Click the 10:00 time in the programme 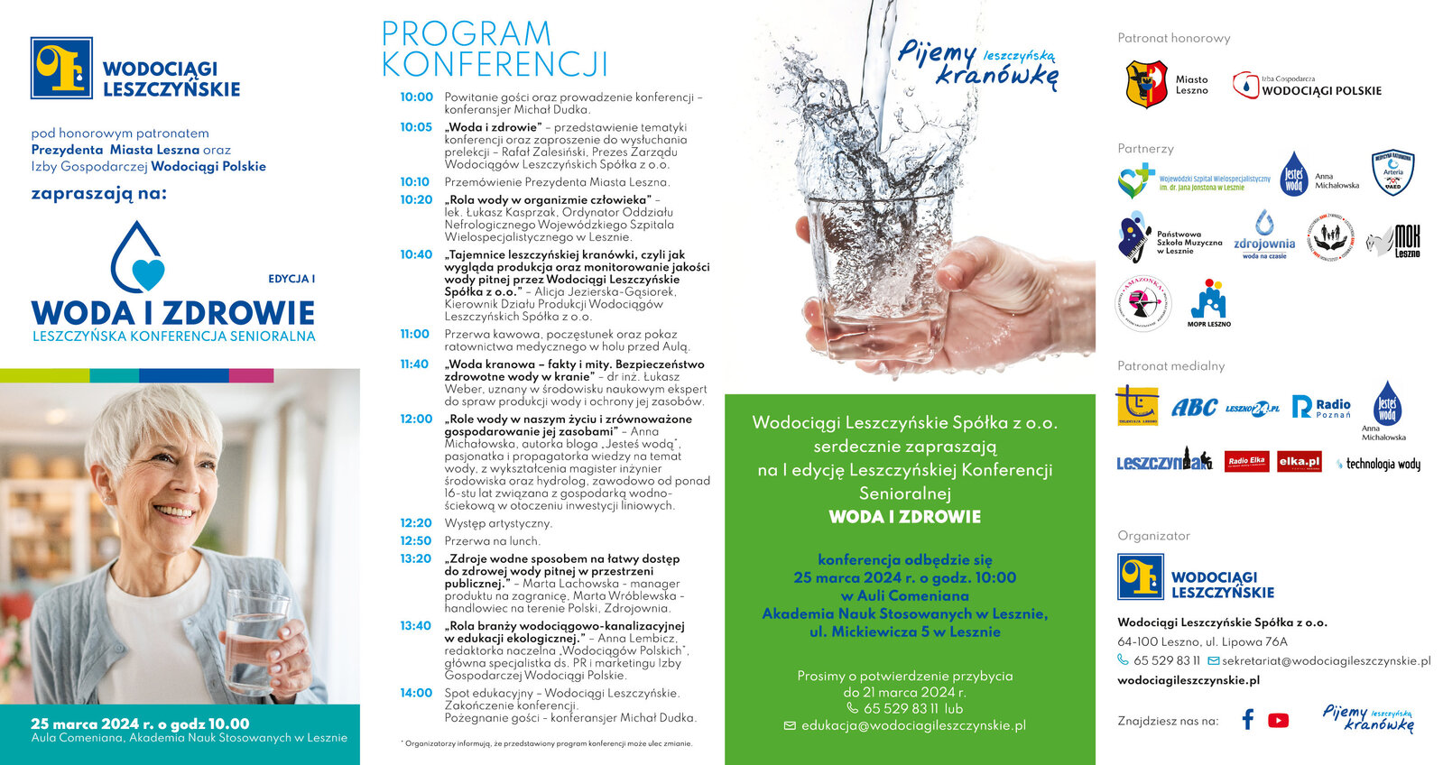point(416,97)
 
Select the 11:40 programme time point(414,364)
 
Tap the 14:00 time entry point(416,693)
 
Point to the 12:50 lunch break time point(416,541)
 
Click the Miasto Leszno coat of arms point(1147,84)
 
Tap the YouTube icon point(1278,720)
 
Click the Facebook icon point(1248,719)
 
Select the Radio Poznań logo point(1321,407)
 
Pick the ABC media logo point(1194,408)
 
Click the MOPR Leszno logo point(1208,303)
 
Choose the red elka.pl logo point(1299,462)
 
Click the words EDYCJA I point(291,279)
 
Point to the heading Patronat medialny point(1170,366)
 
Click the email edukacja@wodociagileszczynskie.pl point(913,725)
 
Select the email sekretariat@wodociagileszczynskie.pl point(1326,660)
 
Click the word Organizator point(1153,536)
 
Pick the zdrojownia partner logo point(1264,236)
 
